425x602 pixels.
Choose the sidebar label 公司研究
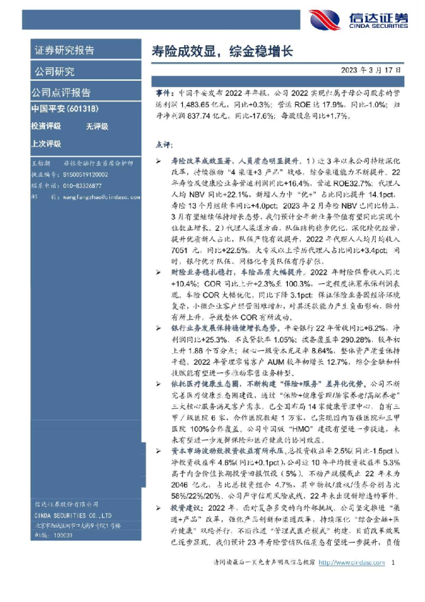click(x=54, y=72)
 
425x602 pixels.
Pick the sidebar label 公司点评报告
click(x=61, y=92)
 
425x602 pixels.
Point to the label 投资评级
click(x=46, y=126)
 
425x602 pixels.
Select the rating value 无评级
click(x=96, y=126)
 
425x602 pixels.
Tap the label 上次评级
click(x=46, y=143)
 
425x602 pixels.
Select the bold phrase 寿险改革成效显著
click(x=199, y=163)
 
